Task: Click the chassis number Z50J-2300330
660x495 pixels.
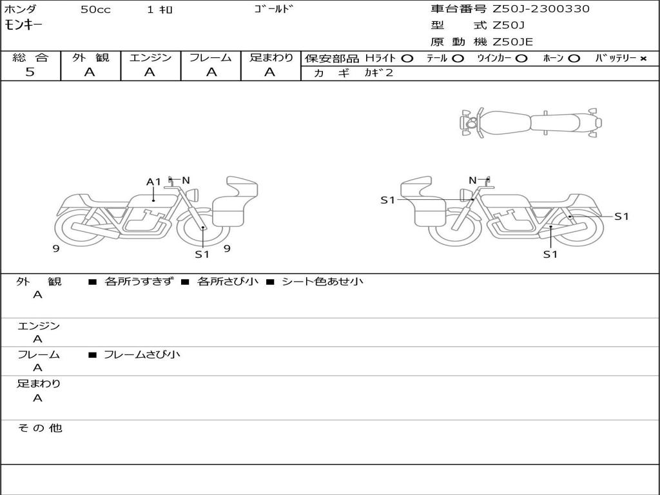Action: click(x=541, y=9)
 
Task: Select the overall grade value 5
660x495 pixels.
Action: click(x=30, y=72)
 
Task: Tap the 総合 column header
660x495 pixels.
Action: click(x=30, y=57)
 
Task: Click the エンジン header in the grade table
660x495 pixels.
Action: click(x=150, y=57)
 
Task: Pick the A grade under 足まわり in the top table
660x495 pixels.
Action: click(x=270, y=72)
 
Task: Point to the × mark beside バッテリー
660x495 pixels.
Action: click(x=643, y=58)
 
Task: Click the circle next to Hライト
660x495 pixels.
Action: click(x=407, y=58)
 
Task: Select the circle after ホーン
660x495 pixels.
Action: click(x=574, y=58)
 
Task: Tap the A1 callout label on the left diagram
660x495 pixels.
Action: click(x=153, y=182)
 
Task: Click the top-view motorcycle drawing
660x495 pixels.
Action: click(x=530, y=122)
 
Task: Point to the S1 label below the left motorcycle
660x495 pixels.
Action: click(x=202, y=254)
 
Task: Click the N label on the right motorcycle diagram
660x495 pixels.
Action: click(x=472, y=180)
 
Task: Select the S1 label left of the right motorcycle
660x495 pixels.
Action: click(x=387, y=200)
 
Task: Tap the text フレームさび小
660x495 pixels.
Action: click(x=142, y=354)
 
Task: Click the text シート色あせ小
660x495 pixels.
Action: click(x=322, y=282)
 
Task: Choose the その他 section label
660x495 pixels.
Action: click(x=39, y=428)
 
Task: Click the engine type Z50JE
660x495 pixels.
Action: click(x=513, y=43)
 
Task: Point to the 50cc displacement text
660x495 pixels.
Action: click(x=95, y=10)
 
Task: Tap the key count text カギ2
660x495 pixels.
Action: click(x=378, y=73)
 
